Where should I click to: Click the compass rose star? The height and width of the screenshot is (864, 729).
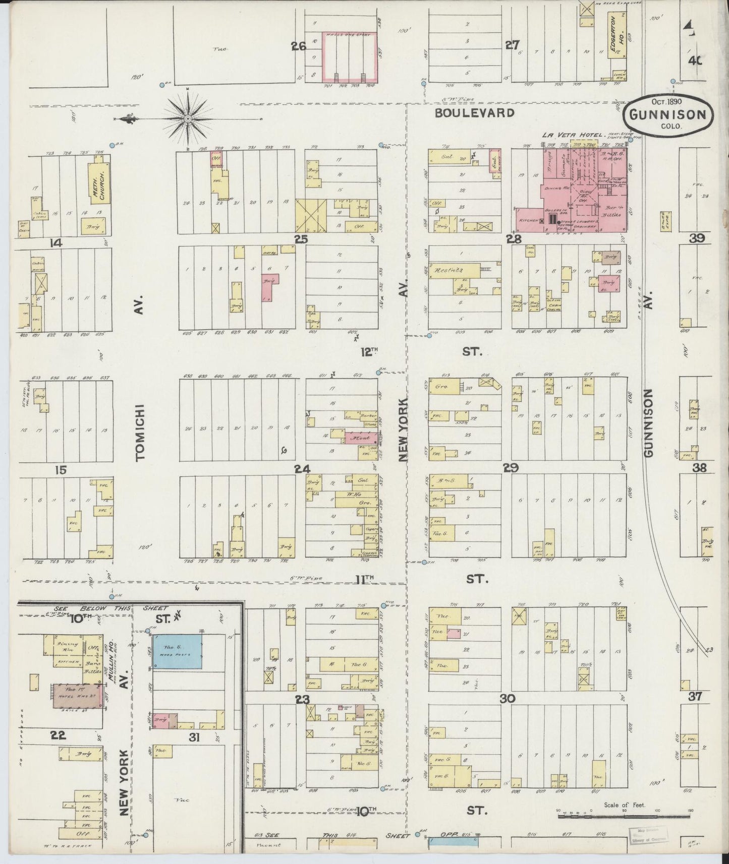click(188, 119)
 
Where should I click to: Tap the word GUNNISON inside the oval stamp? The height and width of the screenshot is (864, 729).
click(669, 114)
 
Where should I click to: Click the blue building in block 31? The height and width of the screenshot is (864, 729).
click(178, 651)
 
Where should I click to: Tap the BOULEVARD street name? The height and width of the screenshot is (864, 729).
click(475, 113)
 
